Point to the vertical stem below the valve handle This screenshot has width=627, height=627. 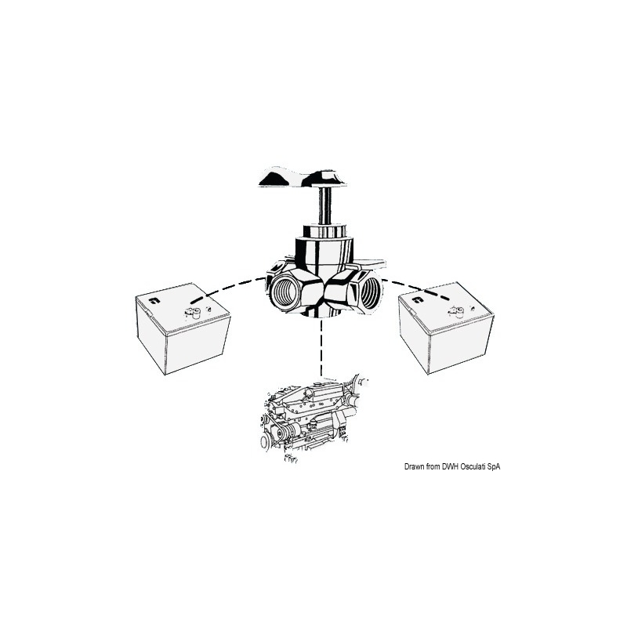click(324, 206)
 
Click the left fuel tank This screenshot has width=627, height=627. click(183, 328)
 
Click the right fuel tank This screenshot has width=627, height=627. click(447, 328)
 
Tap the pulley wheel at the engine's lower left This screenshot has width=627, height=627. click(265, 442)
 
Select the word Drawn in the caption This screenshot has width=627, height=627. click(413, 466)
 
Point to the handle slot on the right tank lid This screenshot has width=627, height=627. click(418, 299)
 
